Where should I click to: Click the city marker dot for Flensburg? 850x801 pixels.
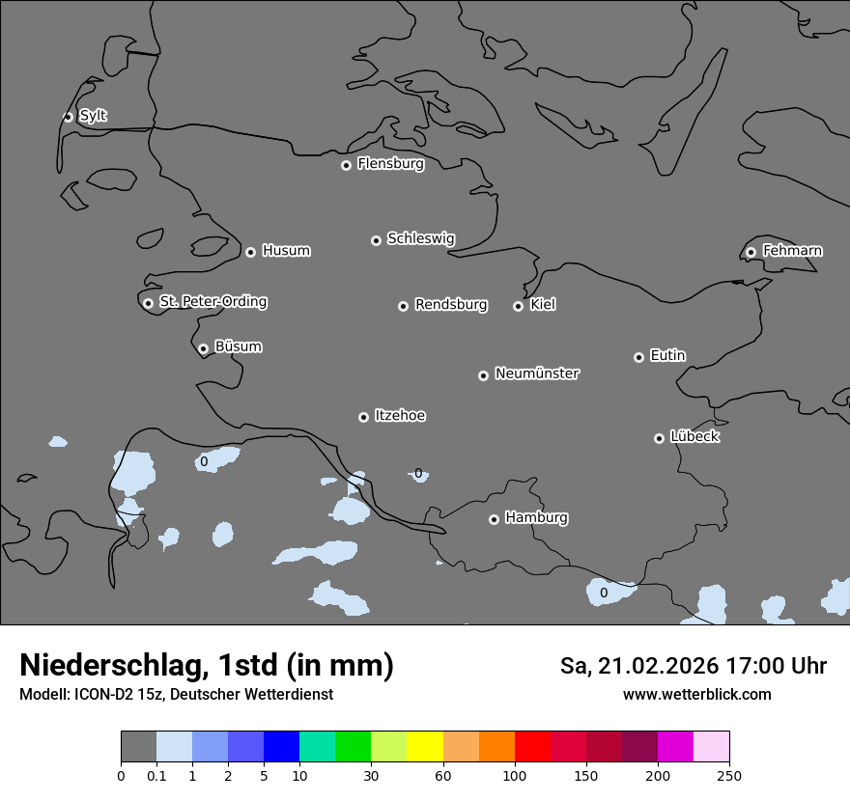346,165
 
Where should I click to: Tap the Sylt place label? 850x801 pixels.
93,116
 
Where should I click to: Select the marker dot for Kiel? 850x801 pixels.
518,306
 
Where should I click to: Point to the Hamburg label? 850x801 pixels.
536,517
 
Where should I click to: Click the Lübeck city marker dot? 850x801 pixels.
659,438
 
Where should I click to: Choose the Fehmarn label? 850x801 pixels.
792,251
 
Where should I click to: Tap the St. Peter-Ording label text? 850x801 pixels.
212,302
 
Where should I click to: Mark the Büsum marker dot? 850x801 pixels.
203,349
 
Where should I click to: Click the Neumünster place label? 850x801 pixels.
537,373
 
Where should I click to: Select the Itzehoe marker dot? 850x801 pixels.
363,417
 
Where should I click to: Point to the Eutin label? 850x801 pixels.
667,356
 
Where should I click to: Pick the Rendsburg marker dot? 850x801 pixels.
403,306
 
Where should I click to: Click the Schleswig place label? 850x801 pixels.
420,238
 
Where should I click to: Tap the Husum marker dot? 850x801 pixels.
250,252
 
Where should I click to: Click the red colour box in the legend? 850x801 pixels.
532,747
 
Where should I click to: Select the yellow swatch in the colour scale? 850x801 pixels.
425,747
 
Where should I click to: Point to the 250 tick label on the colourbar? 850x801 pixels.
729,775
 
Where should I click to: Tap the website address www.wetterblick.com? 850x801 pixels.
696,695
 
